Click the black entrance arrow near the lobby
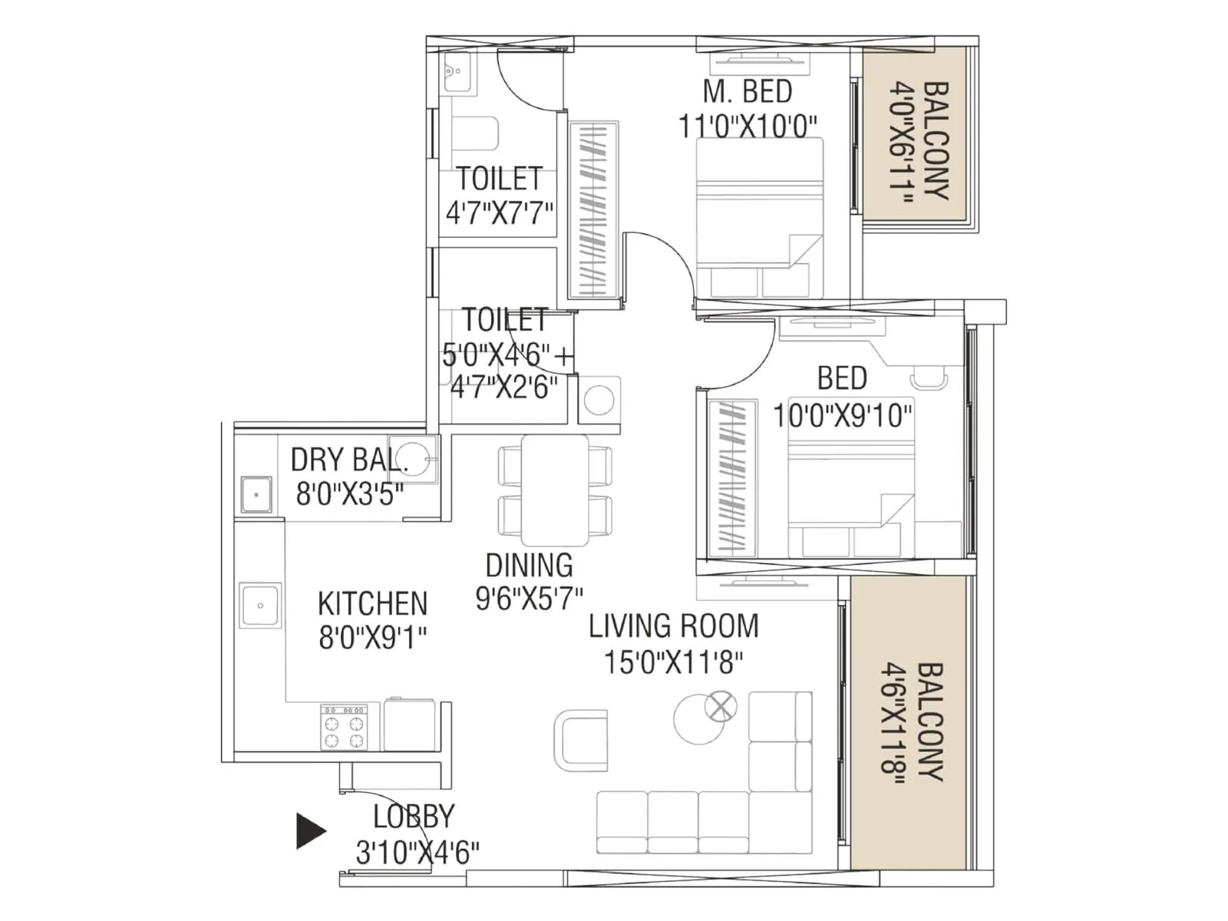(309, 831)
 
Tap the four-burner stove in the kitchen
(343, 726)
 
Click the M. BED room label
(747, 92)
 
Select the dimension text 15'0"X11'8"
(673, 662)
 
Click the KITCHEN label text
(372, 604)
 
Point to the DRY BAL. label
(348, 460)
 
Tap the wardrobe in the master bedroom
(593, 209)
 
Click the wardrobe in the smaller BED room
(725, 477)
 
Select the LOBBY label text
(414, 817)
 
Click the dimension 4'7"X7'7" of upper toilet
(500, 213)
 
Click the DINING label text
(529, 566)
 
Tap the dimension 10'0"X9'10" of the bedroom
(842, 416)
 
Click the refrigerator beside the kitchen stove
(411, 725)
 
